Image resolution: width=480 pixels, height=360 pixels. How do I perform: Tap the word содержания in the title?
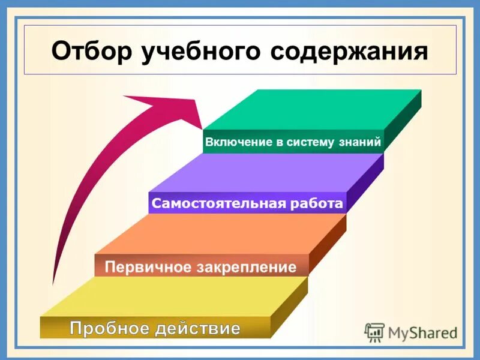(349, 52)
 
